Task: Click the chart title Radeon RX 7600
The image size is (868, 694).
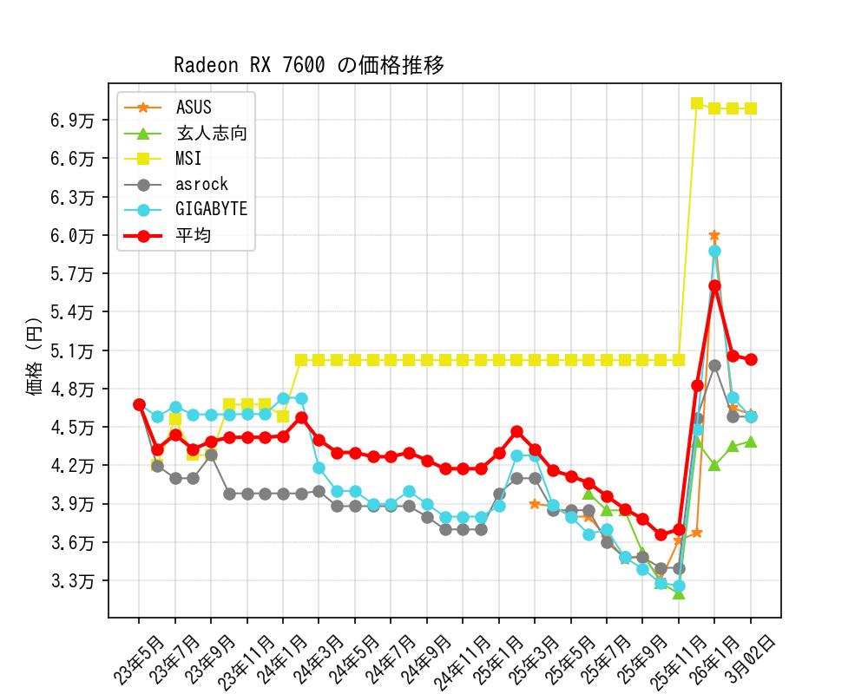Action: point(309,66)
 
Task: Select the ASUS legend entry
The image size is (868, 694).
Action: point(193,108)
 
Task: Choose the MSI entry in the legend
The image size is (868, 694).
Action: point(188,158)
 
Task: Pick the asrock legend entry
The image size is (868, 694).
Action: point(201,184)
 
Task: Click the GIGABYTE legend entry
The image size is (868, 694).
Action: point(211,209)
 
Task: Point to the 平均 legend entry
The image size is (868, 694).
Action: point(193,235)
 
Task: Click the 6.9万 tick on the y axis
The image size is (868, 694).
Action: point(73,120)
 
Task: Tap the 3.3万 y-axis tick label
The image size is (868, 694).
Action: point(73,580)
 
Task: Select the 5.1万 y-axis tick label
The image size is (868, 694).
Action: point(73,350)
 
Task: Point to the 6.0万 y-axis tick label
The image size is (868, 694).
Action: point(73,235)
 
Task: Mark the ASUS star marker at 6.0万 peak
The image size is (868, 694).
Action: point(714,235)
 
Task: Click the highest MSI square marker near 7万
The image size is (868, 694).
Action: point(696,103)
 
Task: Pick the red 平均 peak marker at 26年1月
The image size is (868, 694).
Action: point(714,285)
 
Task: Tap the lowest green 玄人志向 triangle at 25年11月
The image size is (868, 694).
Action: point(678,593)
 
